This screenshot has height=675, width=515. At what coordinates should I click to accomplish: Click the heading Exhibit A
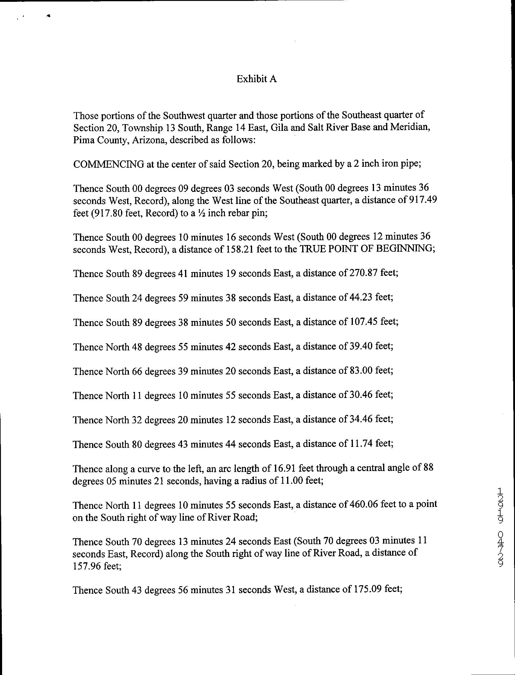tap(257, 79)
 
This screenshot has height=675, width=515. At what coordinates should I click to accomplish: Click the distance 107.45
tap(362, 322)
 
